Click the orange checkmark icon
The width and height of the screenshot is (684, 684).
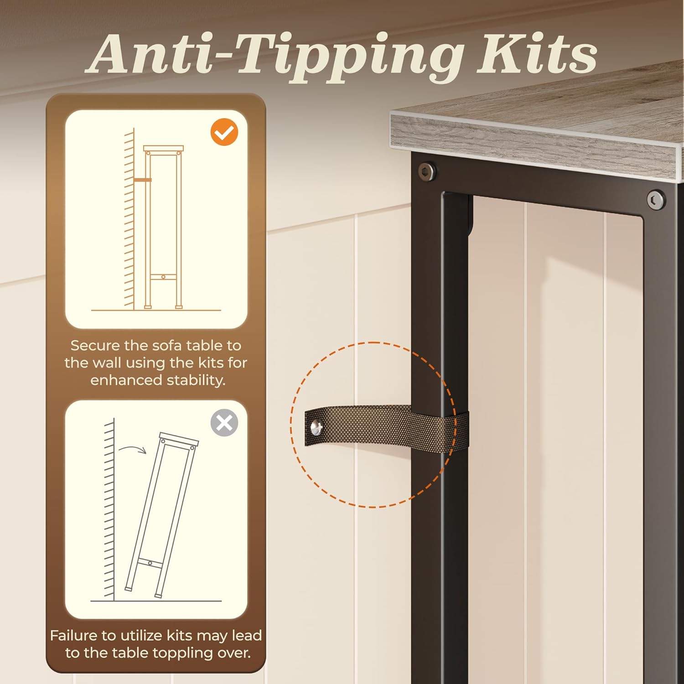[x=224, y=132]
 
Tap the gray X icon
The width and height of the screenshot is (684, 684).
[x=224, y=423]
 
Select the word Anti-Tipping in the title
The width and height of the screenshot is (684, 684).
[x=275, y=56]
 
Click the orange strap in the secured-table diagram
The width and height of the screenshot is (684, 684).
[x=143, y=180]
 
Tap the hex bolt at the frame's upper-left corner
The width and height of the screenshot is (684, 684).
[x=427, y=171]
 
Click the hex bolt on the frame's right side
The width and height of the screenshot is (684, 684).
[x=656, y=200]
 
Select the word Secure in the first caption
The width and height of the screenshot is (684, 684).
[x=95, y=345]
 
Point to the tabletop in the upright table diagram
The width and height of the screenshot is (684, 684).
[x=163, y=149]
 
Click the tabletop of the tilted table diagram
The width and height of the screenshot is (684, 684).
[x=179, y=438]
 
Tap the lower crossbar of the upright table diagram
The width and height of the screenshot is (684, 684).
[x=163, y=276]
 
